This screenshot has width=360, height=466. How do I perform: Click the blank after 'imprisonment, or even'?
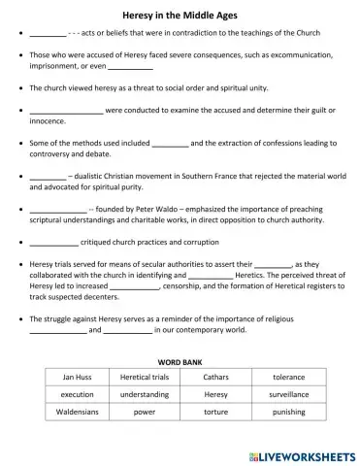(130, 68)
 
